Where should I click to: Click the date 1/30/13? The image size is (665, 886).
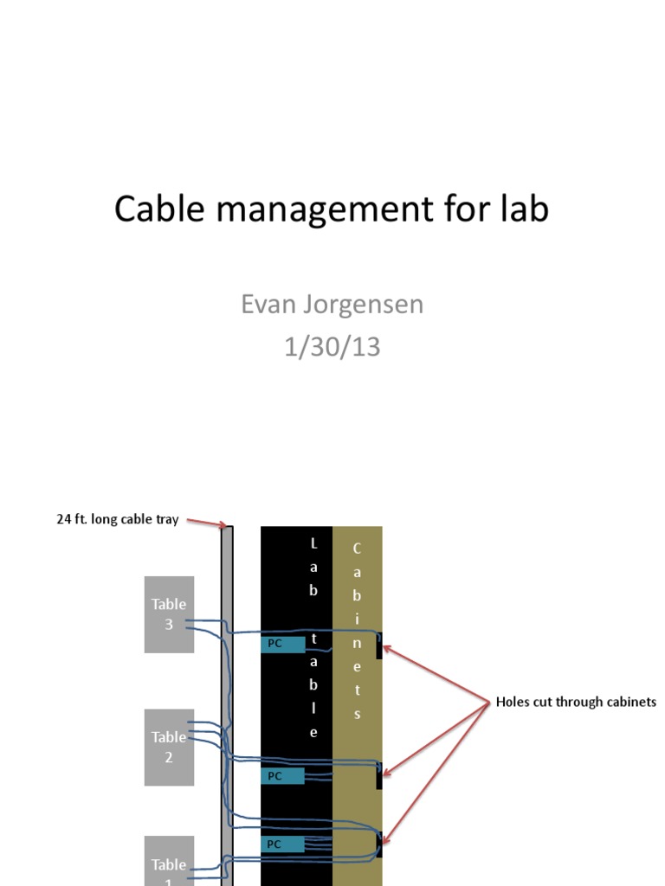click(332, 347)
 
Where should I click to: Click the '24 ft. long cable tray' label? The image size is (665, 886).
click(118, 520)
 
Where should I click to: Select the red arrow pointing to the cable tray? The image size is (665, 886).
click(208, 522)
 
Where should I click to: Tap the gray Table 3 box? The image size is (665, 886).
click(169, 613)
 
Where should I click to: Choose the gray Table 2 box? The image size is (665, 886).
click(169, 747)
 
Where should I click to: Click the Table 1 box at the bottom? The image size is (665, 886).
click(169, 863)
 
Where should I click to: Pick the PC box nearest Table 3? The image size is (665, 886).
click(283, 644)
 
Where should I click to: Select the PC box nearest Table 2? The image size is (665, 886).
click(283, 776)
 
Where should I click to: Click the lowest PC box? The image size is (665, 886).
click(283, 844)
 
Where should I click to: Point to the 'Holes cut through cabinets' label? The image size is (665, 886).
click(576, 702)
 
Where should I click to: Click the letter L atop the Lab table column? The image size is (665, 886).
click(313, 543)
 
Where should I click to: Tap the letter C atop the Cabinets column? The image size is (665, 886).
click(357, 549)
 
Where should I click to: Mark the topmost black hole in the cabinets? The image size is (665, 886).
click(379, 645)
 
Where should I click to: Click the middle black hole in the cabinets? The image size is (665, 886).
click(379, 775)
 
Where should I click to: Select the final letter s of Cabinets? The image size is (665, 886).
click(357, 715)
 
